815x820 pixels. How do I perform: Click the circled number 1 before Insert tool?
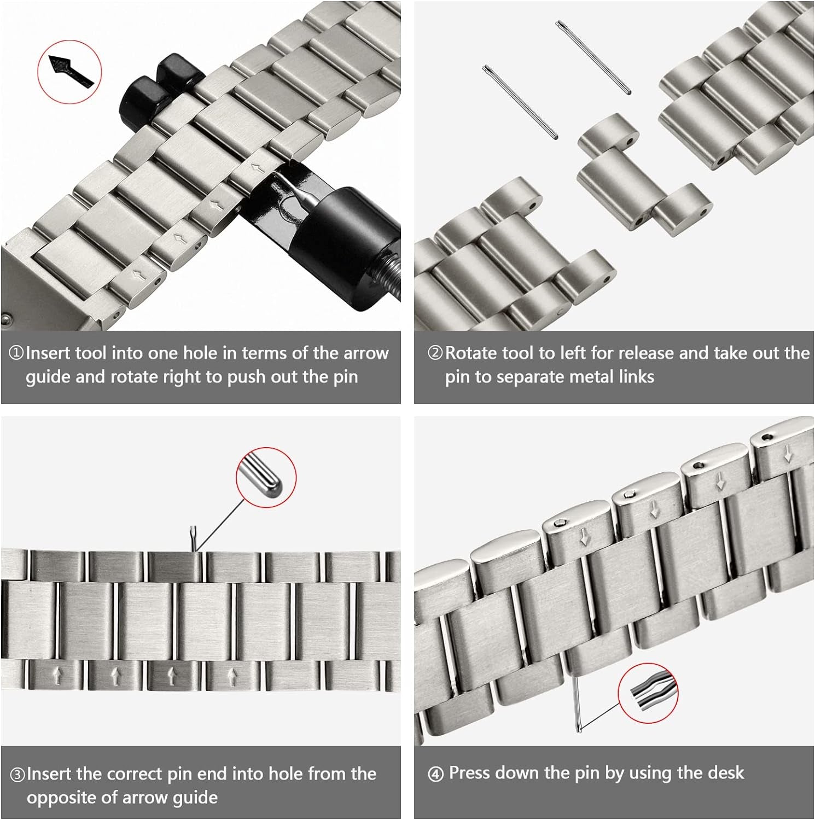pyautogui.click(x=16, y=353)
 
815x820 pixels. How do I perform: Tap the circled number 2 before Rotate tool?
pyautogui.click(x=435, y=353)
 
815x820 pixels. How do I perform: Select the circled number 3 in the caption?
pyautogui.click(x=18, y=775)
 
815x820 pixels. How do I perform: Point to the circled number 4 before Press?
pyautogui.click(x=436, y=774)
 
